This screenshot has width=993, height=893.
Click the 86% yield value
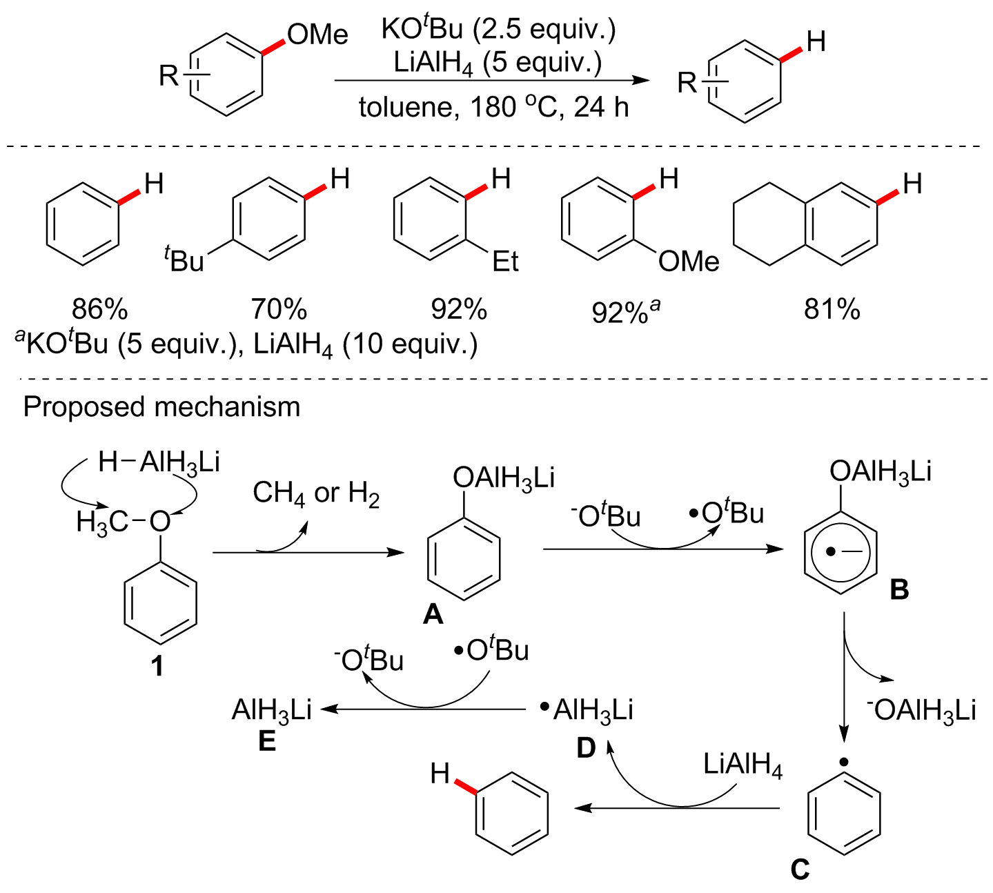tap(99, 309)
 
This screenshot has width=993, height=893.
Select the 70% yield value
tap(279, 309)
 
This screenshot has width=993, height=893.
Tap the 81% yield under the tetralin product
tap(832, 309)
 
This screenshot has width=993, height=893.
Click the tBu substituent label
tap(184, 261)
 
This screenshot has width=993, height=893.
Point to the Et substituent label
tap(505, 262)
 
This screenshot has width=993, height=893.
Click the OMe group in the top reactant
tap(317, 35)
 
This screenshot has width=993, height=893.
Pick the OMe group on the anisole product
tap(689, 262)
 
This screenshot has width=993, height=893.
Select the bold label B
tap(899, 590)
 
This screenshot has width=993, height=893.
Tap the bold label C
tap(800, 869)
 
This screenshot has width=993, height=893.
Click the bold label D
tap(586, 747)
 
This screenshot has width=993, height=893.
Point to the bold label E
tap(266, 742)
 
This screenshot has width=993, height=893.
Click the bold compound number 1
tap(158, 666)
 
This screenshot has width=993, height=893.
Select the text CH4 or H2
tap(316, 493)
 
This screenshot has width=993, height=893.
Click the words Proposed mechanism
tap(161, 407)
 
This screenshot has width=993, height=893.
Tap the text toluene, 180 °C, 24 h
tap(493, 108)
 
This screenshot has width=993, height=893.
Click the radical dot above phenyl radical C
tap(843, 763)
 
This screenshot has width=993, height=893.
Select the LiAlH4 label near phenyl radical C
tap(743, 765)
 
